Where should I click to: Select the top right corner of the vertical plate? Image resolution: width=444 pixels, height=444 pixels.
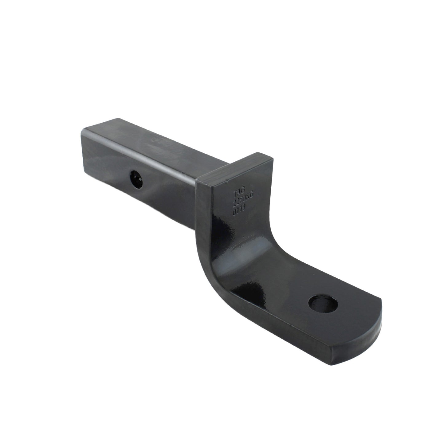click(272, 159)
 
